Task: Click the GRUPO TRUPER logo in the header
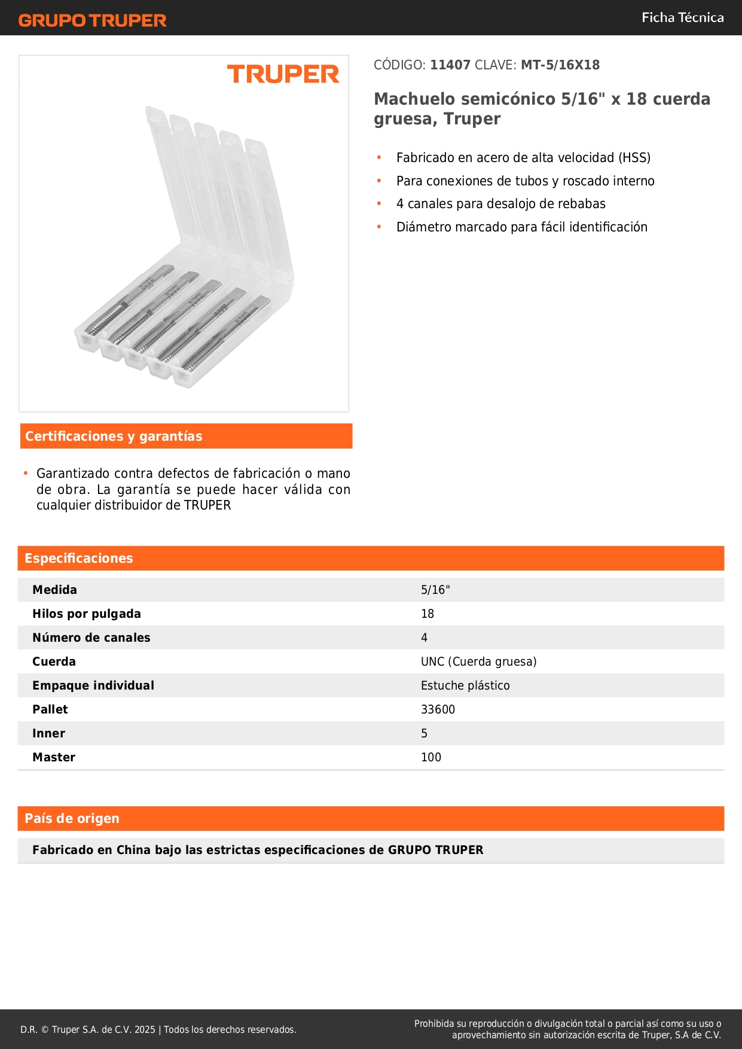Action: pos(92,20)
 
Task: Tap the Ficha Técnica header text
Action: pos(682,18)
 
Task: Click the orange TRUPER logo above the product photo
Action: pos(283,74)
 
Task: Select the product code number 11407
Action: pos(450,65)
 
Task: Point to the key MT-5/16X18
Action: pos(560,65)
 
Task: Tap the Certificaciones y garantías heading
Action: pos(114,437)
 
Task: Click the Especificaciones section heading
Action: pos(79,559)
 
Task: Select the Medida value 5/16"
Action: pos(435,590)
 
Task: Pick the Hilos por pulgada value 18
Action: pos(428,614)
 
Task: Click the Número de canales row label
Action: pos(91,638)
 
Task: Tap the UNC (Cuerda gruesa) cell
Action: pos(478,662)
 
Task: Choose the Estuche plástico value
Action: pos(465,686)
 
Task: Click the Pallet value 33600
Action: pos(438,710)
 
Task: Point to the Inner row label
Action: pos(49,734)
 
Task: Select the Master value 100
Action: pos(431,758)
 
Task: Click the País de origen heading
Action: pos(72,819)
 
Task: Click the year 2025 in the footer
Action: pos(145,1030)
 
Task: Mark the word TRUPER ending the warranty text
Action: pos(207,505)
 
